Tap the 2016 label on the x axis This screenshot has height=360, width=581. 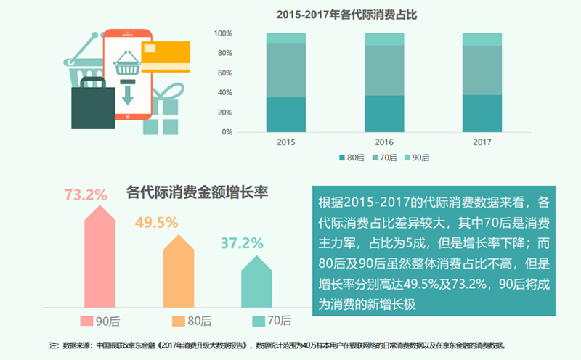[383, 142]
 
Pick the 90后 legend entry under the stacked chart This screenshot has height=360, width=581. [417, 157]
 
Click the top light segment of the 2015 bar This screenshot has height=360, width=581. [285, 38]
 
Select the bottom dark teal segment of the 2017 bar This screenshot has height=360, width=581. [482, 113]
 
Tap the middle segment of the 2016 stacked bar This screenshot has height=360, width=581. [383, 70]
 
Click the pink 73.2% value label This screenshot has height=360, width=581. [86, 195]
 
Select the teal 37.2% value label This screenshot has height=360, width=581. [242, 243]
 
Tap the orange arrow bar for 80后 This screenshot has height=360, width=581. [179, 272]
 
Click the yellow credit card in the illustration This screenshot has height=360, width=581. [166, 57]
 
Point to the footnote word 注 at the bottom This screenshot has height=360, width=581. [53, 345]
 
